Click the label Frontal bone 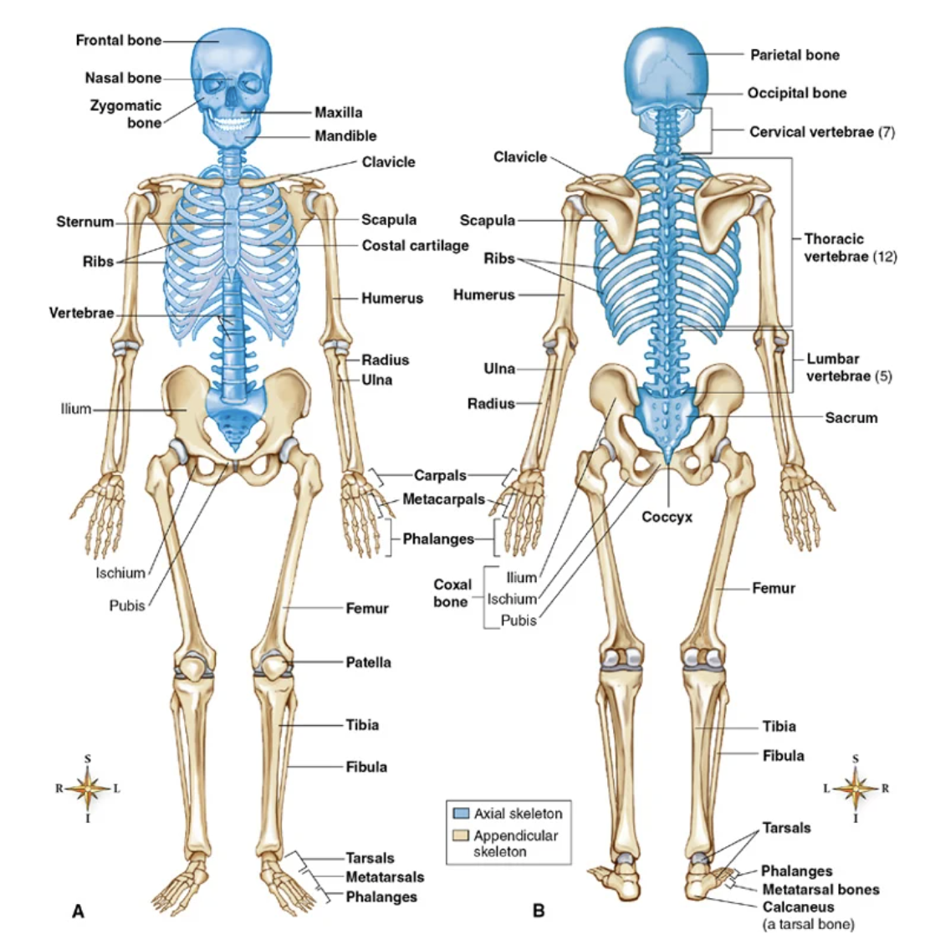[118, 40]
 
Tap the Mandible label [345, 135]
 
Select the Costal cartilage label [415, 246]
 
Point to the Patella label [368, 662]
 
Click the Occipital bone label [796, 93]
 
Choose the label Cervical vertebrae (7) [821, 132]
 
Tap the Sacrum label [851, 417]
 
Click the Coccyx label [667, 517]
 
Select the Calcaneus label [798, 907]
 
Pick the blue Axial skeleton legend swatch [461, 814]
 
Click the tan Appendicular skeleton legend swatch [461, 835]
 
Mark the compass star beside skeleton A [88, 788]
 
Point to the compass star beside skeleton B [855, 788]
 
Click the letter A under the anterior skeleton [78, 912]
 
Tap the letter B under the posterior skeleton [539, 912]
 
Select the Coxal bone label [452, 593]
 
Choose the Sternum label [84, 222]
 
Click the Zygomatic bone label [126, 115]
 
